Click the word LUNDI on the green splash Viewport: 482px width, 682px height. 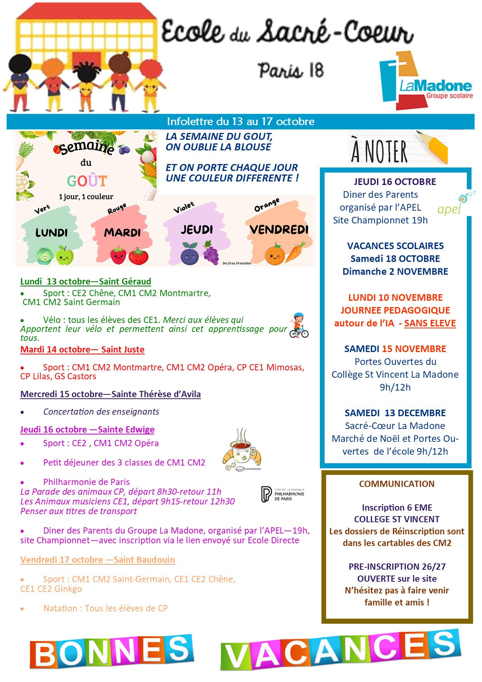[x=51, y=233]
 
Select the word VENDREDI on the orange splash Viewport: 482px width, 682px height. [x=279, y=230]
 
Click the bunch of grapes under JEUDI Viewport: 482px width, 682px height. [x=211, y=253]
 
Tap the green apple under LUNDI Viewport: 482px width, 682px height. [x=65, y=255]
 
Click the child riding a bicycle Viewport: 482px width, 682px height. [x=299, y=326]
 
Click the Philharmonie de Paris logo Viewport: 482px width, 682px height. [x=283, y=494]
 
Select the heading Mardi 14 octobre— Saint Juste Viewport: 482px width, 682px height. [x=82, y=349]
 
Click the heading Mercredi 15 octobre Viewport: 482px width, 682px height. [x=110, y=394]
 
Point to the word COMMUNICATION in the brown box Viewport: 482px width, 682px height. [x=396, y=484]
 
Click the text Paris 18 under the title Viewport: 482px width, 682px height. [x=291, y=71]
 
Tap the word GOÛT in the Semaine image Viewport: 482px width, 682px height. [x=87, y=181]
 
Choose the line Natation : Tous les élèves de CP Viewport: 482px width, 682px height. [x=105, y=608]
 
